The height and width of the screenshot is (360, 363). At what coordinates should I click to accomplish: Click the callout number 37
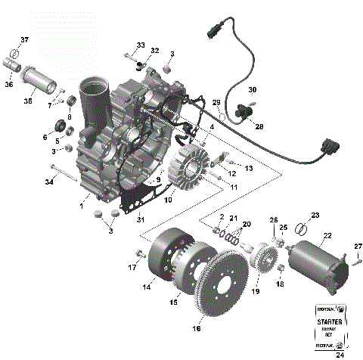point(24,40)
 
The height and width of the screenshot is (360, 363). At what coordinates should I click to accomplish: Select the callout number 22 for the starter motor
point(327,236)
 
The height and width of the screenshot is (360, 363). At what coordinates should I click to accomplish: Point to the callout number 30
point(253,89)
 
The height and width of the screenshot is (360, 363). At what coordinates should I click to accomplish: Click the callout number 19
point(255,290)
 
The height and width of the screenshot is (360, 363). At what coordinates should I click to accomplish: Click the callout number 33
point(141,45)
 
